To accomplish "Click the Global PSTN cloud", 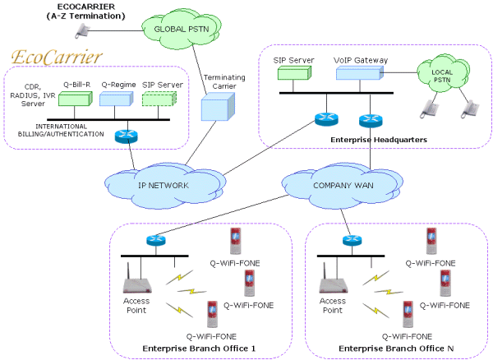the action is (x=182, y=29).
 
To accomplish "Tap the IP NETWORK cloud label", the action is (x=164, y=186).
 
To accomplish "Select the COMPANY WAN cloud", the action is (x=343, y=186).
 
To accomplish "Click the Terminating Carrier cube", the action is (x=218, y=107).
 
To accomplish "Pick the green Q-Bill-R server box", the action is (x=76, y=99).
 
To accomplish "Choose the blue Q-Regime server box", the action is (x=117, y=99).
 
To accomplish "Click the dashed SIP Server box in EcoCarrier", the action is (x=159, y=99).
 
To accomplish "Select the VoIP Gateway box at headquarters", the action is (x=360, y=73).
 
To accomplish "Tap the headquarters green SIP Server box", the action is (x=294, y=73).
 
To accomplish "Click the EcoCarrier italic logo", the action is (x=57, y=58).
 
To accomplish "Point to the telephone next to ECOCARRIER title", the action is (x=82, y=31).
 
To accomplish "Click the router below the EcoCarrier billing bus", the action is (x=127, y=136).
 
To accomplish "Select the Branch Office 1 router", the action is (x=156, y=241).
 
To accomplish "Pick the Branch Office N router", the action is (x=352, y=241).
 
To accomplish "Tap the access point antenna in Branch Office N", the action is (x=325, y=272).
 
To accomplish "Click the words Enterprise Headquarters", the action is (x=379, y=140).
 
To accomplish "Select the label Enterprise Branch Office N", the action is (x=396, y=348).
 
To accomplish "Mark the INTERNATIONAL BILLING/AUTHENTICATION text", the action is (x=61, y=130).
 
